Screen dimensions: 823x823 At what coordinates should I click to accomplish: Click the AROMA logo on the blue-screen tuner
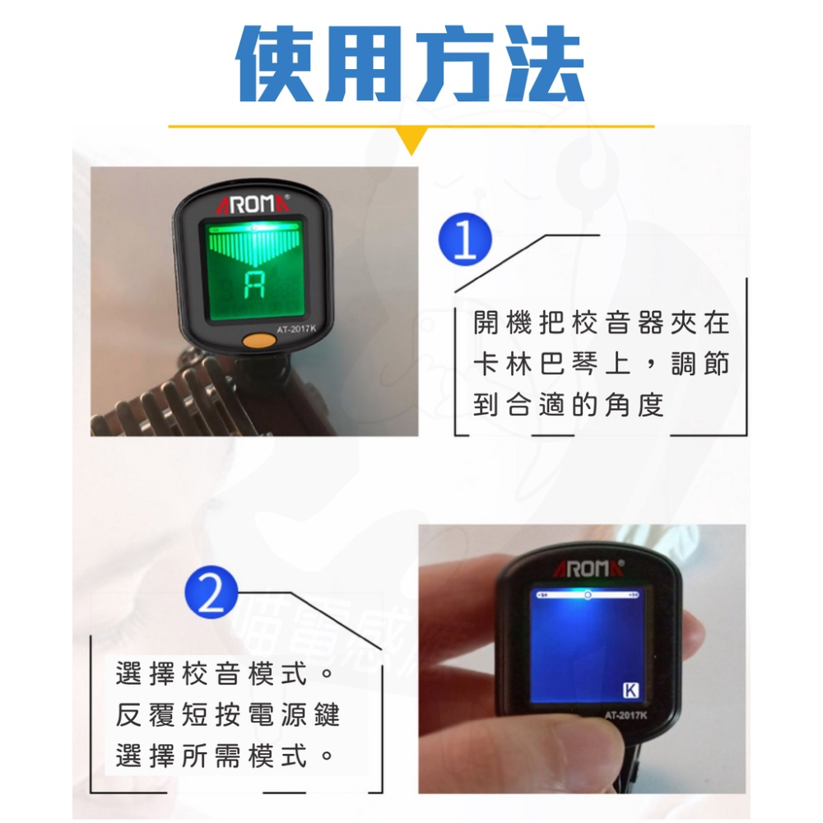pos(591,567)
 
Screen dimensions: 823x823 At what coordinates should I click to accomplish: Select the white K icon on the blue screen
pos(631,690)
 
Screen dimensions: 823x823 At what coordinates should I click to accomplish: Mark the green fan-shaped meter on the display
pos(254,245)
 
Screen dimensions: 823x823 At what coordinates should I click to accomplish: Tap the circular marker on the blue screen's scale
pos(587,593)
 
